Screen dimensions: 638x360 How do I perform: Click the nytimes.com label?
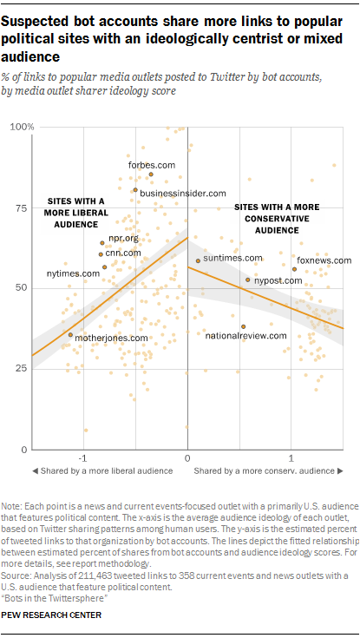click(x=73, y=273)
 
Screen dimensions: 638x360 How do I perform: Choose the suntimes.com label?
click(x=232, y=258)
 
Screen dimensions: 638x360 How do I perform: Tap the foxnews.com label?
click(x=324, y=260)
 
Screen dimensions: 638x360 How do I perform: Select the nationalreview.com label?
click(x=245, y=335)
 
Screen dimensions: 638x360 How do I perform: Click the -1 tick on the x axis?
click(x=82, y=457)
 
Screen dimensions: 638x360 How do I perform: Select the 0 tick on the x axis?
click(x=187, y=457)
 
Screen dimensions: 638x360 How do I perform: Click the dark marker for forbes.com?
click(x=151, y=174)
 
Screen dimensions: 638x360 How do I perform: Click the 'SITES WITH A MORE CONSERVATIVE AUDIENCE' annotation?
click(x=277, y=220)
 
